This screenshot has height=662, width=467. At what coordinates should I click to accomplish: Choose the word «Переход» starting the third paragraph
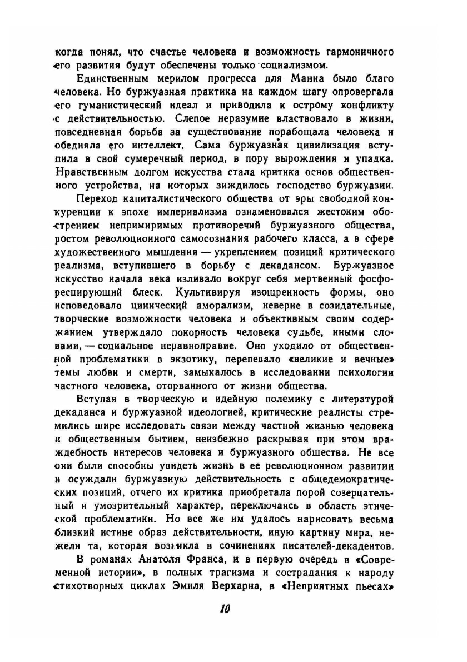(x=97, y=198)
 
